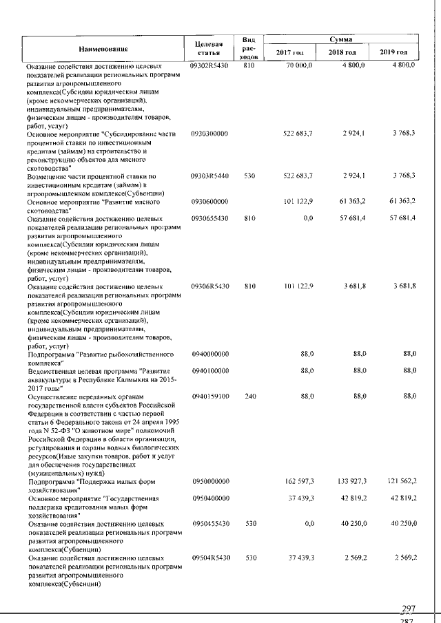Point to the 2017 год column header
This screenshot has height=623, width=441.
(289, 53)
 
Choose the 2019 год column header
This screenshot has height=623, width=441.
(393, 53)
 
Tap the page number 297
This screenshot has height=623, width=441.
(409, 609)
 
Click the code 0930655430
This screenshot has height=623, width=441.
(210, 219)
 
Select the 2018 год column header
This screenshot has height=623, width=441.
(342, 53)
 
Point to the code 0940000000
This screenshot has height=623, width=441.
(210, 353)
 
